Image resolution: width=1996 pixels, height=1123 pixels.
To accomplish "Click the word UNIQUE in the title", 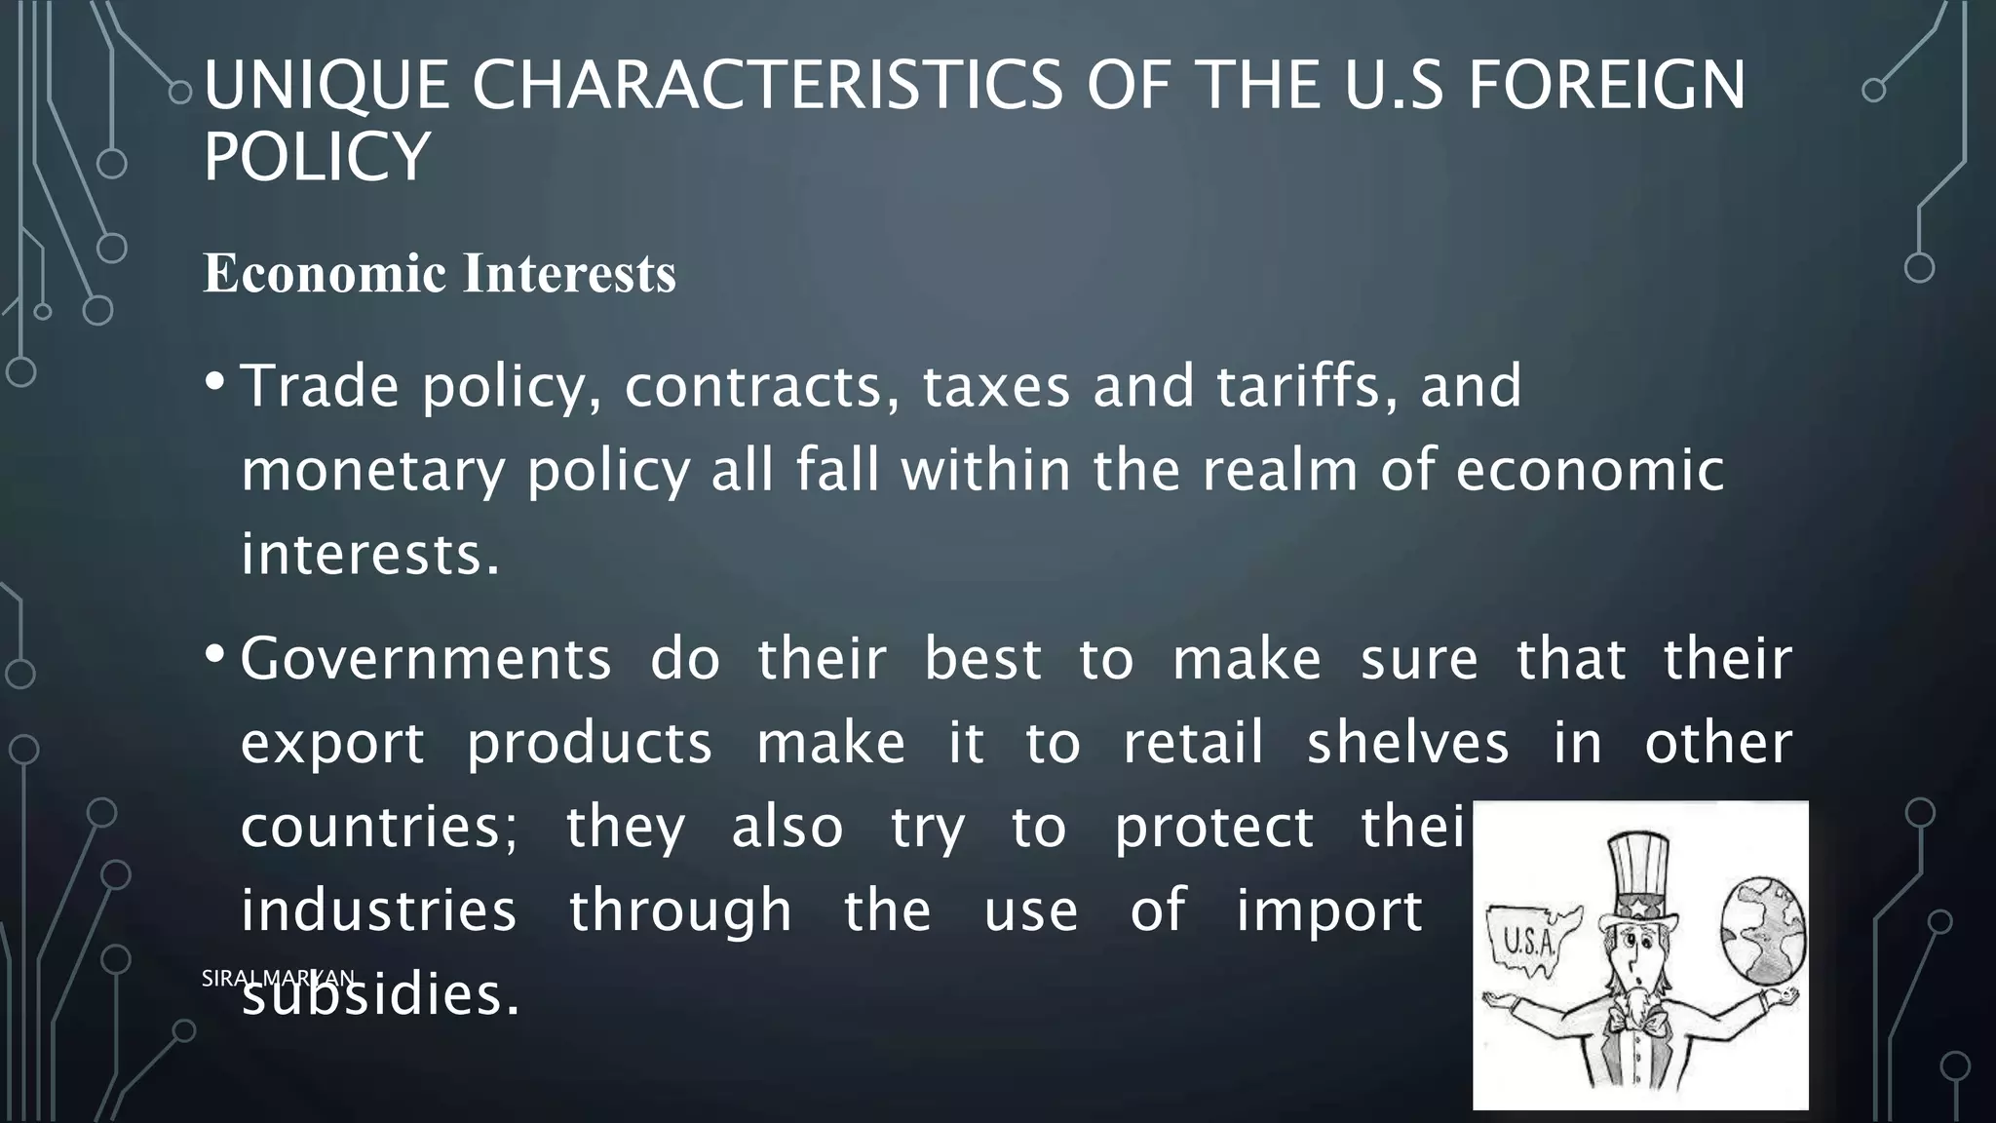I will (x=326, y=86).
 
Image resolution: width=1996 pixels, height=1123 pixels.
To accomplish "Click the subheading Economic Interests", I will (x=440, y=273).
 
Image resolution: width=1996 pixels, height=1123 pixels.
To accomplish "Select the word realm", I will (x=1281, y=470).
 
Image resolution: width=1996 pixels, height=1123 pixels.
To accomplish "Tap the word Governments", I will (x=426, y=659).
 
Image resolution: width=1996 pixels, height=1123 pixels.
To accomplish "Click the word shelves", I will (x=1407, y=743).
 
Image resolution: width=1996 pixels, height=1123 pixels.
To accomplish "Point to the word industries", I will (x=378, y=911).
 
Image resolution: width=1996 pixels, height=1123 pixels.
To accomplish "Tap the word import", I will (x=1329, y=911).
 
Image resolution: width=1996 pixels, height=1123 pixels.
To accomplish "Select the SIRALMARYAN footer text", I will (x=279, y=978).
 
